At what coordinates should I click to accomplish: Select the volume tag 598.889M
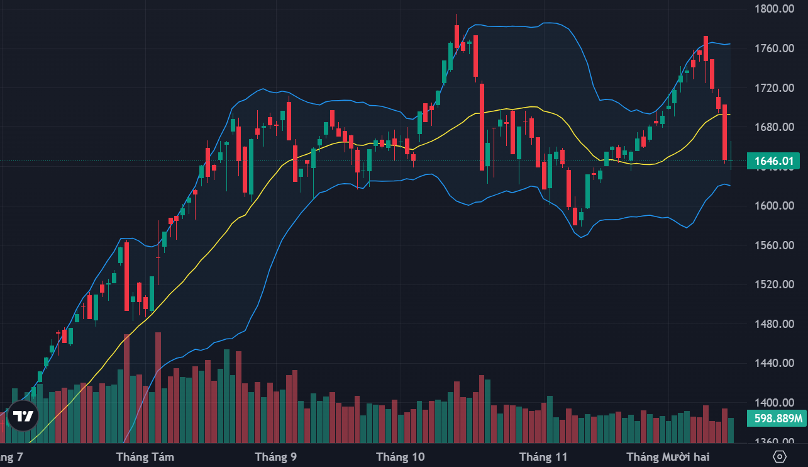coord(777,418)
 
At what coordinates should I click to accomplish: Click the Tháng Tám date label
coord(145,457)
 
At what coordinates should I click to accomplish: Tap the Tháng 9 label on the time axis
coord(275,457)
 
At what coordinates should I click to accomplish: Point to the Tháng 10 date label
coord(400,457)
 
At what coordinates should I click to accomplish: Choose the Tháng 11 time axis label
coord(543,457)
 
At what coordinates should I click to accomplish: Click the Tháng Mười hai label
coord(668,457)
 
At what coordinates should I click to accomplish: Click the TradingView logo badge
coord(24,416)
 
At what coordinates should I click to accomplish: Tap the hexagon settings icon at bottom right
coord(780,456)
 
